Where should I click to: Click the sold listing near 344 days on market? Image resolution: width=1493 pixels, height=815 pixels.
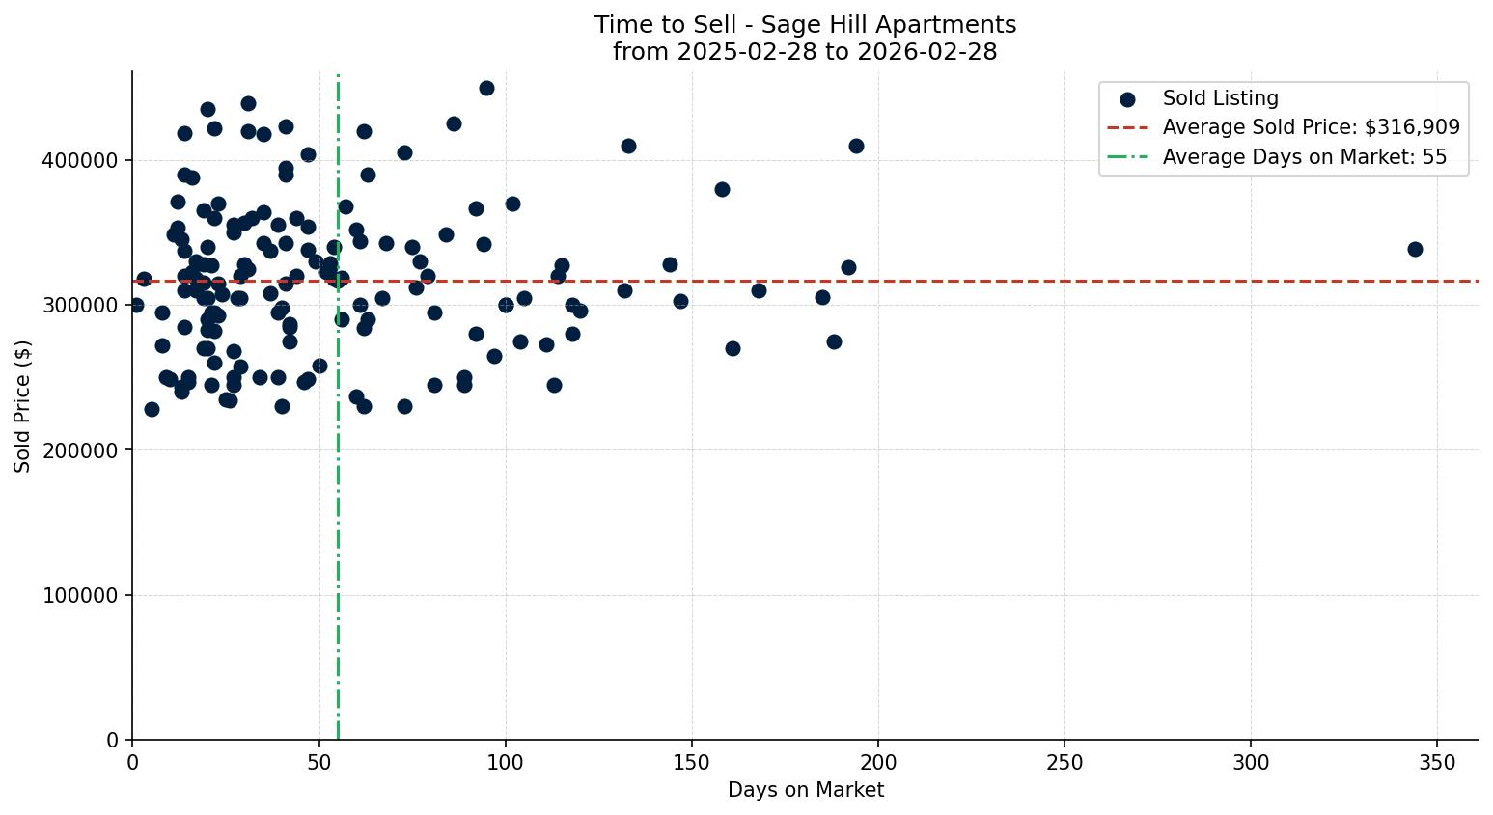(x=1415, y=249)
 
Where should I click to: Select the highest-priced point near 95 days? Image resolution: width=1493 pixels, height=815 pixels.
(x=486, y=88)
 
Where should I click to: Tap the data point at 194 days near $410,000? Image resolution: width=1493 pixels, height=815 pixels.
(x=856, y=146)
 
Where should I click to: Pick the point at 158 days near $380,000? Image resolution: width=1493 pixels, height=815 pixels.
(x=722, y=189)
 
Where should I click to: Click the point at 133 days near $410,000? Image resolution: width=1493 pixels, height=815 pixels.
(x=628, y=146)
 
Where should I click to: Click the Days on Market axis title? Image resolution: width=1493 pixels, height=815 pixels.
(x=805, y=790)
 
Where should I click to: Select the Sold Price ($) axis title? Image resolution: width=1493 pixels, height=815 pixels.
(x=23, y=406)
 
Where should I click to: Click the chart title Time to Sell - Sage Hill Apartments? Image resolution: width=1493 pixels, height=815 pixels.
(x=805, y=24)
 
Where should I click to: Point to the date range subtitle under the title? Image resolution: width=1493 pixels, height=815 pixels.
(x=805, y=52)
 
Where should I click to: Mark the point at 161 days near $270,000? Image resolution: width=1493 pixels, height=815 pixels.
(x=733, y=348)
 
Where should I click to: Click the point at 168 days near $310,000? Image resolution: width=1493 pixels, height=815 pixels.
(x=759, y=290)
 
